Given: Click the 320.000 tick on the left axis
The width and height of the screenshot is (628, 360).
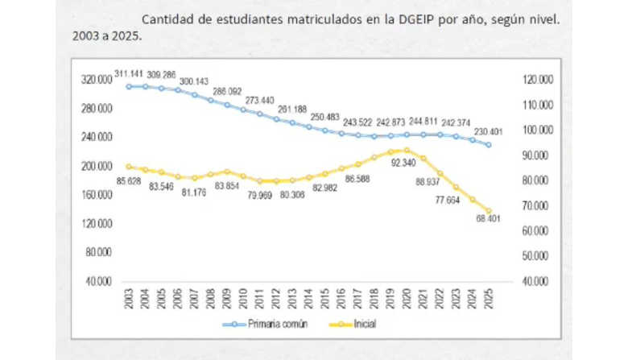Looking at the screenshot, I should point(97,80).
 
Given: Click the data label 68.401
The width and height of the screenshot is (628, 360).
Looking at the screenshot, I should point(487,218).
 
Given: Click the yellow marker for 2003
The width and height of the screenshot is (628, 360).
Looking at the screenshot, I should point(129,167).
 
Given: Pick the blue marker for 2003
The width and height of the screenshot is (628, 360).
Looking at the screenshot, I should point(129,86).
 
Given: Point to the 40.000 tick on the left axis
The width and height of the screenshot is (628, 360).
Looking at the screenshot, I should point(100,281).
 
